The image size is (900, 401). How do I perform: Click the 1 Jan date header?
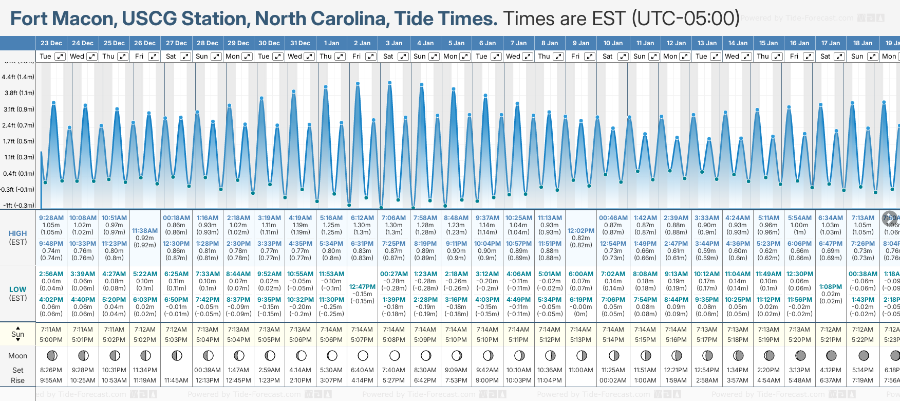331,43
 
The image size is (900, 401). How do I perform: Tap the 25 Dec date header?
114,43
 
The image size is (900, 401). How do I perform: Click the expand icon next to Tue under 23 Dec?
60,57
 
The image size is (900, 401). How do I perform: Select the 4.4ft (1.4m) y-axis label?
18,77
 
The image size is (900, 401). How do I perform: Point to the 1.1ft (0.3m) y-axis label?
18,157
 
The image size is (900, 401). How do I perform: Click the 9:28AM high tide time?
51,218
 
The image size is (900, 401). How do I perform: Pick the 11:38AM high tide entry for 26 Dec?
145,231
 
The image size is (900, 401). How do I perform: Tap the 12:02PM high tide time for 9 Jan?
581,231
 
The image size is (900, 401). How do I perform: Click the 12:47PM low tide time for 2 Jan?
362,287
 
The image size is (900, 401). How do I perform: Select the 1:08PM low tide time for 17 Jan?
831,287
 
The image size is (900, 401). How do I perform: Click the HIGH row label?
18,233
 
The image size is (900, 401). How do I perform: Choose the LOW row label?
18,289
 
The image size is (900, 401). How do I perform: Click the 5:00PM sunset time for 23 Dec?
51,340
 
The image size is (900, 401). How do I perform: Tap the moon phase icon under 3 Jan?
395,355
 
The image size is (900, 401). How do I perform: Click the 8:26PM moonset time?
51,370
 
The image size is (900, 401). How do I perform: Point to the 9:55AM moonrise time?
51,380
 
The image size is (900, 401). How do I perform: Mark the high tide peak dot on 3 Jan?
390,83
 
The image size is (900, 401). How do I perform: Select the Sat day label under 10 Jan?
607,57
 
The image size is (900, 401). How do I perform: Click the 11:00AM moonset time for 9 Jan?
581,370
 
